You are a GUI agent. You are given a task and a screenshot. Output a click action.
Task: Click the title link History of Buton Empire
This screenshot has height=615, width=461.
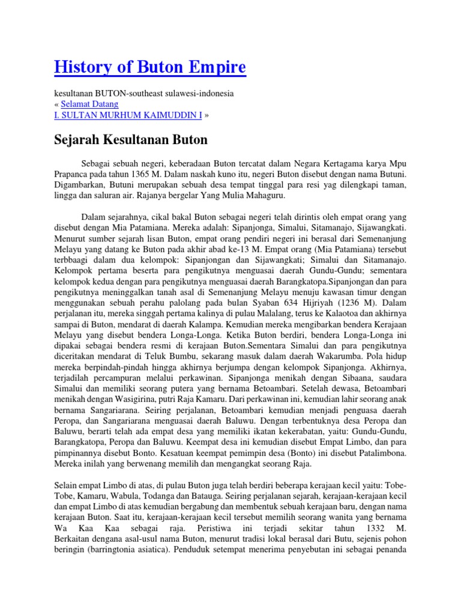pyautogui.click(x=149, y=67)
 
